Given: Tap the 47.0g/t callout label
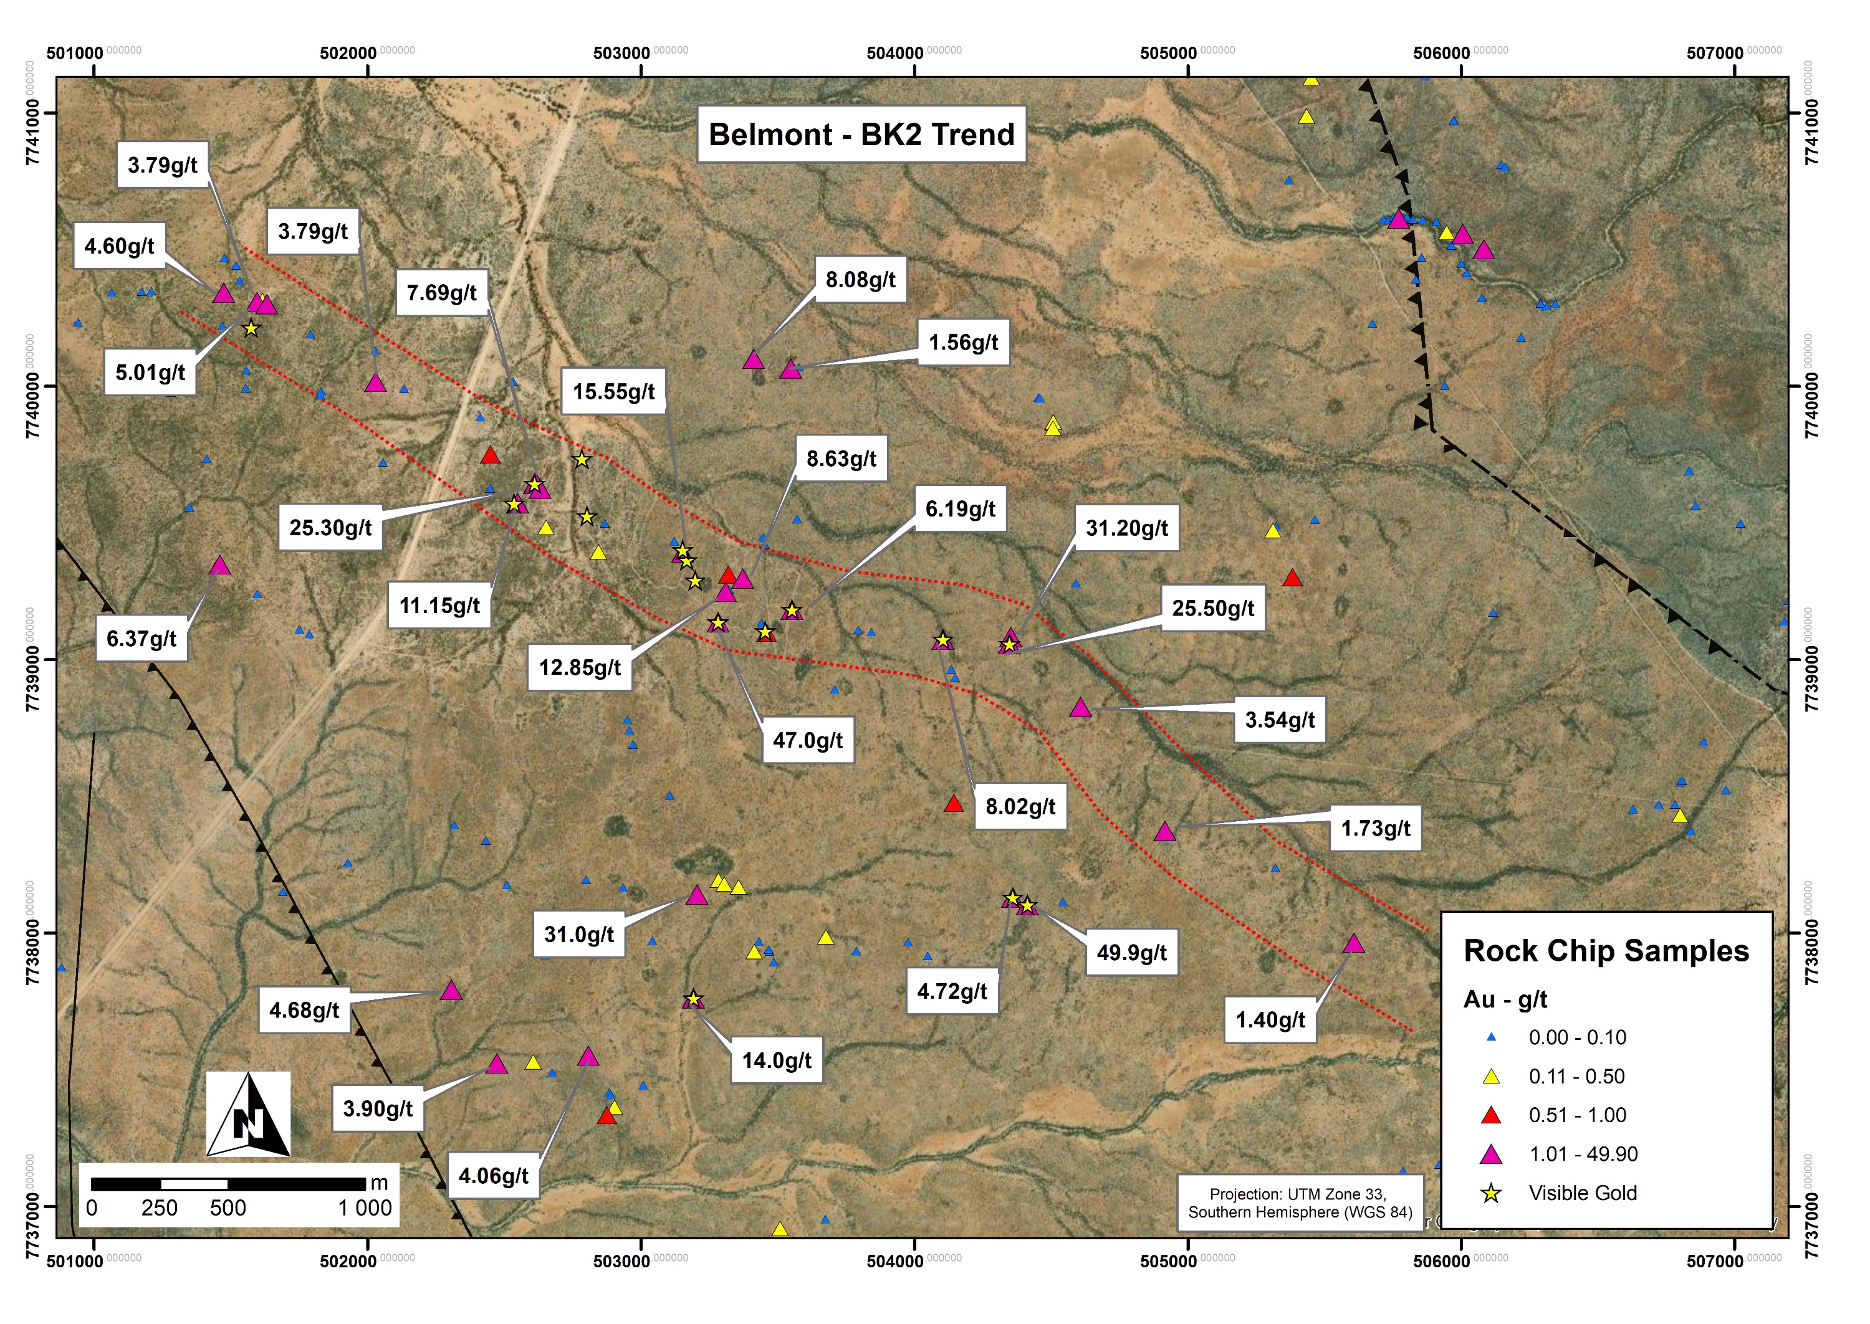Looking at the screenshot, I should click(x=807, y=740).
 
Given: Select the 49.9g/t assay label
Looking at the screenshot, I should click(x=1131, y=952).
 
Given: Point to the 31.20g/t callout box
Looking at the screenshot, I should click(x=1126, y=528).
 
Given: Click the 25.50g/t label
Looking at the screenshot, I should click(x=1212, y=608).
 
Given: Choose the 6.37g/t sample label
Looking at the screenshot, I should click(x=141, y=639).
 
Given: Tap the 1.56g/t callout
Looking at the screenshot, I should click(x=963, y=343).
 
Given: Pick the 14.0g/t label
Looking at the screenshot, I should click(x=777, y=1060).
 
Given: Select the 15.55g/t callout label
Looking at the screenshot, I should click(x=613, y=392).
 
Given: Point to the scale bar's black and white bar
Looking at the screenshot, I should click(x=228, y=1184).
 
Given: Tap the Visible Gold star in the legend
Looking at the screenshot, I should click(x=1491, y=1194).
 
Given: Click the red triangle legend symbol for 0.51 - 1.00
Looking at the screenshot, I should click(x=1491, y=1115).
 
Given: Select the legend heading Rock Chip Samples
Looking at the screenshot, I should click(x=1606, y=951).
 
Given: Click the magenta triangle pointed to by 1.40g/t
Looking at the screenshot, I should click(x=1354, y=944).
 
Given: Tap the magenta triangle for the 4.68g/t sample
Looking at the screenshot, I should click(x=451, y=991).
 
